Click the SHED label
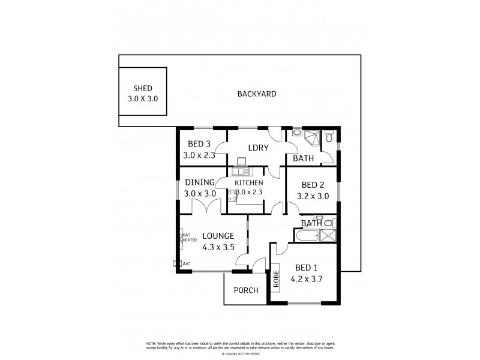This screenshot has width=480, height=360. (142, 88)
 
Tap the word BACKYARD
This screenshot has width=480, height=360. (256, 94)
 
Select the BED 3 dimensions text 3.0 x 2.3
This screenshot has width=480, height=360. (199, 155)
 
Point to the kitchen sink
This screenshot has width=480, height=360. (242, 162)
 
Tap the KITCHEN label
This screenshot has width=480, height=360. (249, 182)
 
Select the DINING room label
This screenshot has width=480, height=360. (199, 182)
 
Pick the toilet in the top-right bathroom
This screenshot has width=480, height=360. (328, 139)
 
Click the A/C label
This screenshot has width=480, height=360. (186, 263)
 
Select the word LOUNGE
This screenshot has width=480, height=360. (218, 236)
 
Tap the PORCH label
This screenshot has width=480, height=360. (246, 290)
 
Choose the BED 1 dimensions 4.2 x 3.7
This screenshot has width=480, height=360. (307, 278)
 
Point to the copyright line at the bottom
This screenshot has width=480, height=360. (240, 353)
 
